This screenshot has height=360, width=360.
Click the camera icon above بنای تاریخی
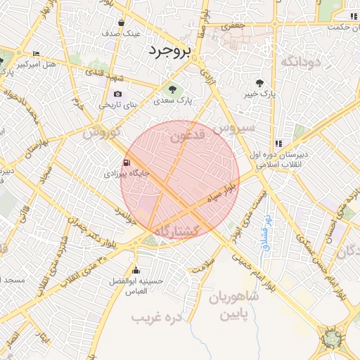click(x=117, y=94)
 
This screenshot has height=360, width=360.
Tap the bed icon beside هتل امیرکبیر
click(x=36, y=54)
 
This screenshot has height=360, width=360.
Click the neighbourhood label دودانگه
click(x=301, y=63)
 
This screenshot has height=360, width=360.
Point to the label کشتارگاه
click(x=176, y=231)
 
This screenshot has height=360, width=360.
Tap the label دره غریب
click(x=157, y=317)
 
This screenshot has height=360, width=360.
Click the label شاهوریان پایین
click(x=235, y=306)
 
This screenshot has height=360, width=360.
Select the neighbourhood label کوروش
click(x=102, y=132)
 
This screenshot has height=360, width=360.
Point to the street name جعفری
click(x=232, y=27)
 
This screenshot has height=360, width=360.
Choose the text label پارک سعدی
click(x=175, y=101)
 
